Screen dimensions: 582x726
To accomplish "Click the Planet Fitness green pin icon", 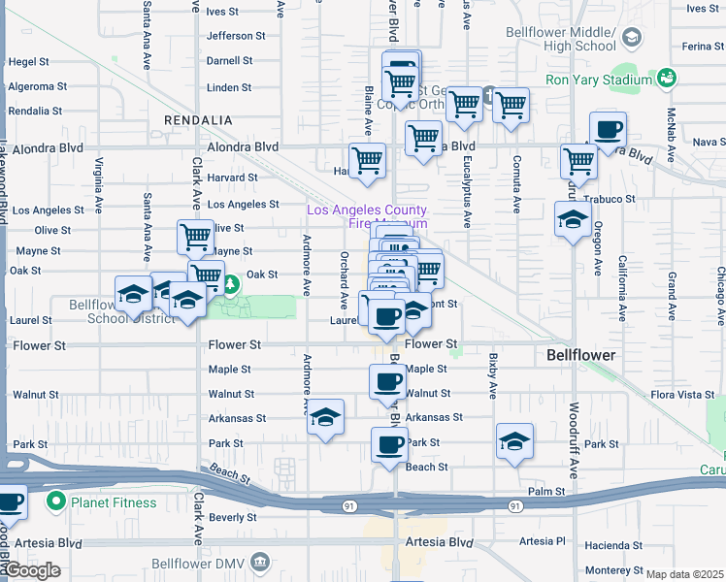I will [x=56, y=502].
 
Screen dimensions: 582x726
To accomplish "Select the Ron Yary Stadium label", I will [x=599, y=80].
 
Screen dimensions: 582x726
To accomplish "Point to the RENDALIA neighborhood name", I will [x=199, y=119].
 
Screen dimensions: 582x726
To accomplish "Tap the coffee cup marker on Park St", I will [x=389, y=445].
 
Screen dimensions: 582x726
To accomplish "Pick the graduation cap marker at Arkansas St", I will [x=325, y=417].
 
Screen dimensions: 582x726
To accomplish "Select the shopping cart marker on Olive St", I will [x=195, y=236].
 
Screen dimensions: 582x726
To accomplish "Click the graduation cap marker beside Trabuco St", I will [x=573, y=219].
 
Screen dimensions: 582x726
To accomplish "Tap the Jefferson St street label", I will [x=236, y=36].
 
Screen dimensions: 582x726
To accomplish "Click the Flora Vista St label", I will [x=682, y=395].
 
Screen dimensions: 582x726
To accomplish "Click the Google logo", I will [x=32, y=570].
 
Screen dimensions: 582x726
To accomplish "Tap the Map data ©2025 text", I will [x=685, y=574].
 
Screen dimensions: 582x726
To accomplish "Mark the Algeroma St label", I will [x=35, y=86].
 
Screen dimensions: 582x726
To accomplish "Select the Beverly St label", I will [x=233, y=518].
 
